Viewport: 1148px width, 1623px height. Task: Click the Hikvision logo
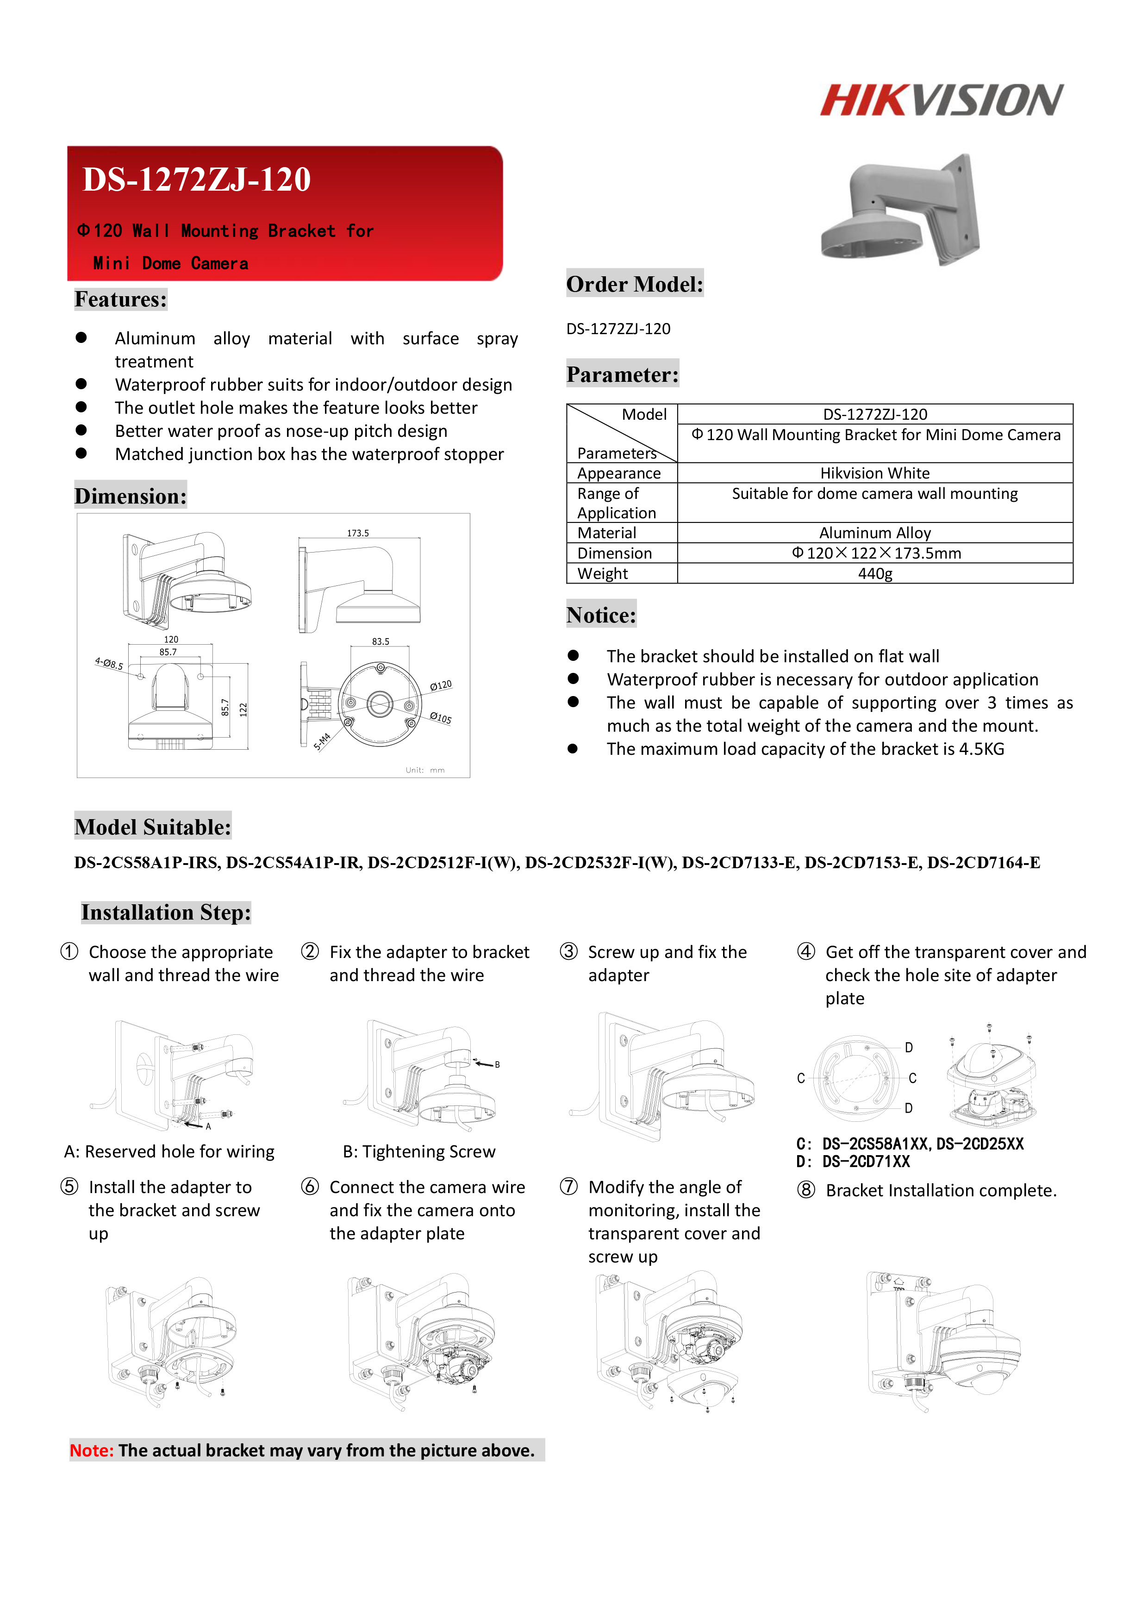click(941, 99)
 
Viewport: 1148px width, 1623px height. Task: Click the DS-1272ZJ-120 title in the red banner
click(197, 180)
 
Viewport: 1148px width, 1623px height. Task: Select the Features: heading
click(121, 300)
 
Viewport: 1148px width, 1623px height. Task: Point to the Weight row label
click(602, 573)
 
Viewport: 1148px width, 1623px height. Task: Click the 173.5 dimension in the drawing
click(358, 533)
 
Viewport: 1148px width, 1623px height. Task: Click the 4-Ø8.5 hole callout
click(109, 664)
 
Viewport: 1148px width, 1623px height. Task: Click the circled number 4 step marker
click(806, 951)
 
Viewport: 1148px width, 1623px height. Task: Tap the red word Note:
click(91, 1450)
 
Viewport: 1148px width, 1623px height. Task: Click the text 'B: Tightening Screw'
click(419, 1151)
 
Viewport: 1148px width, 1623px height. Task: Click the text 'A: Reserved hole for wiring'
click(169, 1151)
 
